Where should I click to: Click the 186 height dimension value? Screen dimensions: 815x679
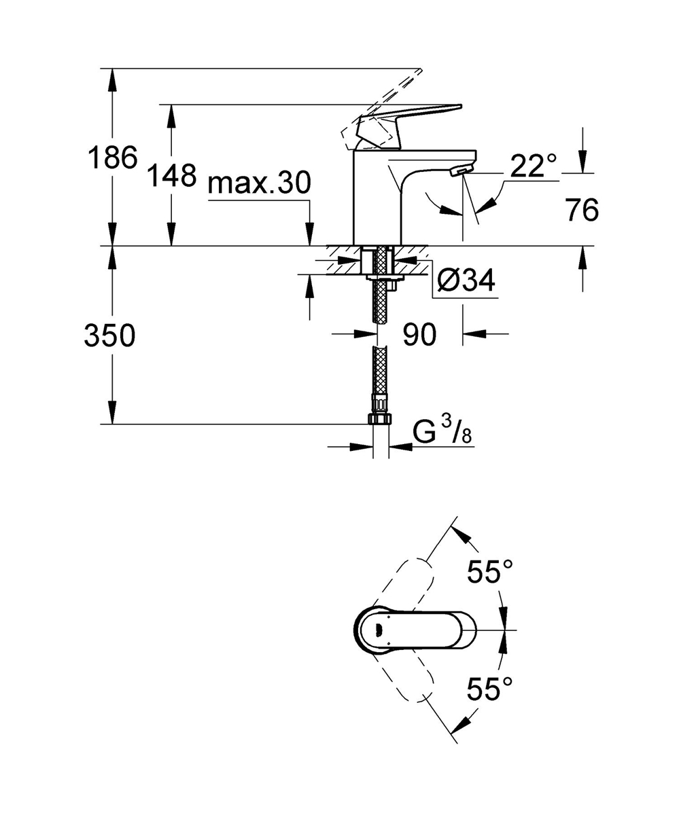[112, 158]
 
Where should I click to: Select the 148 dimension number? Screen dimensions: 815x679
[173, 176]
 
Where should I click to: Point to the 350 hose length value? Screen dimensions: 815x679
[109, 336]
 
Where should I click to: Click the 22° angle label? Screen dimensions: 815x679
[533, 166]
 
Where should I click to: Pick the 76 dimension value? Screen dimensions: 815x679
[582, 211]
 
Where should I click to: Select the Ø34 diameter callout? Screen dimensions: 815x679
[465, 280]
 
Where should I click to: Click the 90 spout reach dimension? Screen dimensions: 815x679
[419, 334]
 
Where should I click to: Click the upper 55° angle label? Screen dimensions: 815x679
[489, 572]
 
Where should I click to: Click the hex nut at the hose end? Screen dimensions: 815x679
[381, 417]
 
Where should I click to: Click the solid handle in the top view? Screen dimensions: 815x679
[415, 629]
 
